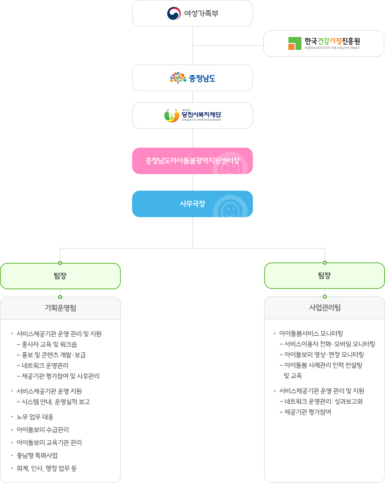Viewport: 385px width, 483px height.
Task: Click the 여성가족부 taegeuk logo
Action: click(x=174, y=14)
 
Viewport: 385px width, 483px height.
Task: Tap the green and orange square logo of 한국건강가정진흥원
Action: click(x=294, y=43)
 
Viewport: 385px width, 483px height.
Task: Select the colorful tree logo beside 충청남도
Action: click(x=178, y=78)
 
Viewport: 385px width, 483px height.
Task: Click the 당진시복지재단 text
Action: click(x=201, y=115)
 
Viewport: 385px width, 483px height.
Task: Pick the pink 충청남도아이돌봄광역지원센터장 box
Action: click(x=192, y=161)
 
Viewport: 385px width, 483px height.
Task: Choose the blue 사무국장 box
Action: click(x=192, y=204)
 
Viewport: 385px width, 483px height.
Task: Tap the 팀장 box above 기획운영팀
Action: click(x=60, y=276)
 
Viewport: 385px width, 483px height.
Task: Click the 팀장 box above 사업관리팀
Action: click(x=325, y=275)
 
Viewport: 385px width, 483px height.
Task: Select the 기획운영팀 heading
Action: click(x=60, y=308)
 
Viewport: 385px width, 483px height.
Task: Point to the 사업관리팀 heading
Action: click(x=325, y=307)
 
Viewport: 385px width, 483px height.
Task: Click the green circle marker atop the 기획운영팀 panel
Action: click(x=60, y=297)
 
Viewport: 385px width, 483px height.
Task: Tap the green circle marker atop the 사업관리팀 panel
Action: click(x=325, y=296)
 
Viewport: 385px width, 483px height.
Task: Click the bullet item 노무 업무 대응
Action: click(x=35, y=417)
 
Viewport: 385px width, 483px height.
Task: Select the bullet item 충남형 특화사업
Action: click(x=37, y=455)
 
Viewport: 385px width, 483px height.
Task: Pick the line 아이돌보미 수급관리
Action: click(x=43, y=430)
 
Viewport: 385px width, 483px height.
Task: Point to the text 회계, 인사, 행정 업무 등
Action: click(x=47, y=468)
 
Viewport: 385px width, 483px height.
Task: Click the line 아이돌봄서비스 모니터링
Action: click(x=311, y=333)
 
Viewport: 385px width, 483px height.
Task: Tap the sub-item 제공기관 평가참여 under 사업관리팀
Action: click(x=308, y=412)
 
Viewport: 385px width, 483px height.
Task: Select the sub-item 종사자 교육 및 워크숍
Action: click(x=49, y=344)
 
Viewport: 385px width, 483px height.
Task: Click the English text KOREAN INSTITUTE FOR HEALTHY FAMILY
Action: click(x=332, y=48)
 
